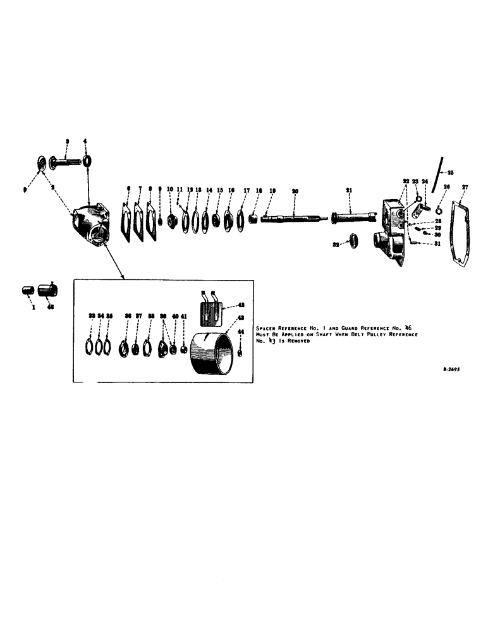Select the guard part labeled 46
[48, 291]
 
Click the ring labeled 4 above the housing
[87, 159]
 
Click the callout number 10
[169, 189]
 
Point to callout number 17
[247, 190]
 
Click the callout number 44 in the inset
[240, 332]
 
